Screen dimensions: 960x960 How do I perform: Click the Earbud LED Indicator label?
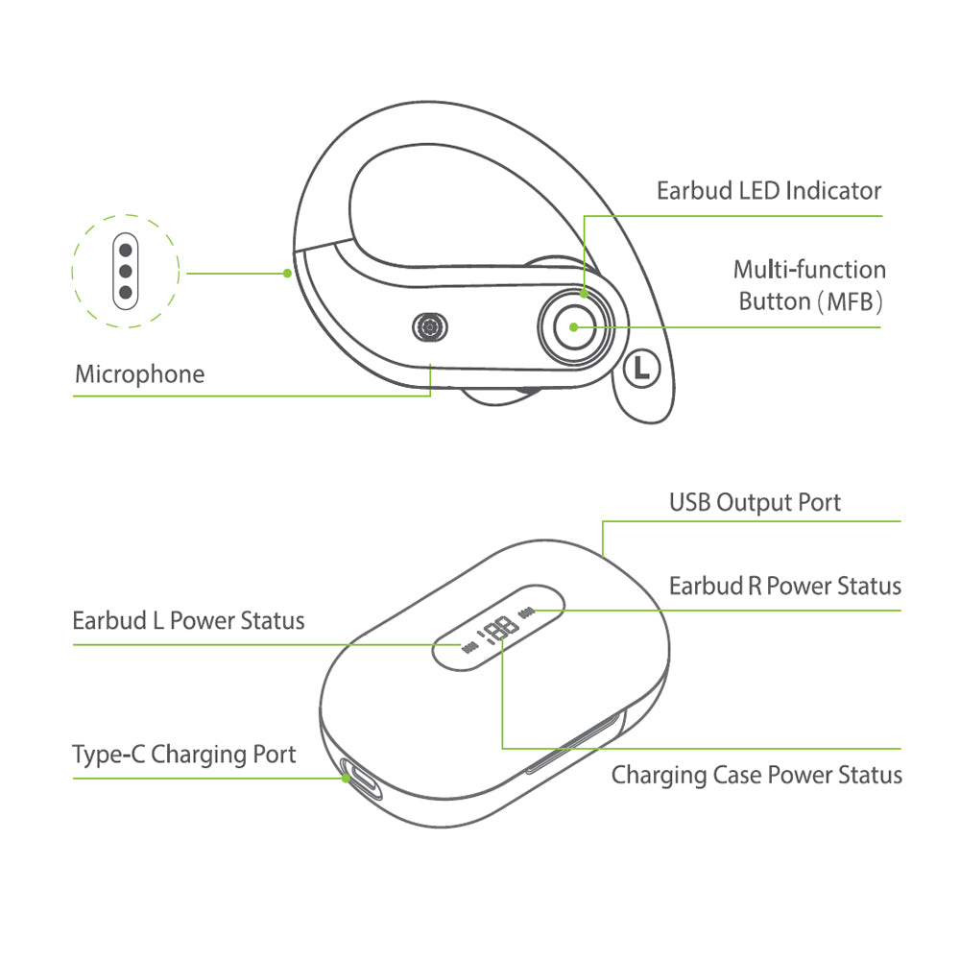click(x=768, y=190)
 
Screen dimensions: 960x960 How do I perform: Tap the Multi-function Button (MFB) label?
click(x=809, y=285)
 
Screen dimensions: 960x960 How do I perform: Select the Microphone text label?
click(x=139, y=373)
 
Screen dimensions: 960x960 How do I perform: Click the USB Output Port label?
click(x=755, y=502)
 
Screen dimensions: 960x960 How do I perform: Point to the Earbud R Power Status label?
click(x=784, y=586)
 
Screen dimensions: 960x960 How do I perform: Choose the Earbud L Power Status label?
click(x=188, y=620)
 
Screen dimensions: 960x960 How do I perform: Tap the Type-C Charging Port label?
click(x=184, y=755)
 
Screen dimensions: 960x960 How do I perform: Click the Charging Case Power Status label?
click(x=756, y=775)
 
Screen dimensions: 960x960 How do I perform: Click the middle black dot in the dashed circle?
click(x=125, y=271)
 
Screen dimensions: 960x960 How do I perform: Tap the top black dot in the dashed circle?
click(x=125, y=250)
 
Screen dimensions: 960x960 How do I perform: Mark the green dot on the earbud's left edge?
click(x=287, y=274)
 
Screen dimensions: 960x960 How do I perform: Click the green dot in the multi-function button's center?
click(x=573, y=326)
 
